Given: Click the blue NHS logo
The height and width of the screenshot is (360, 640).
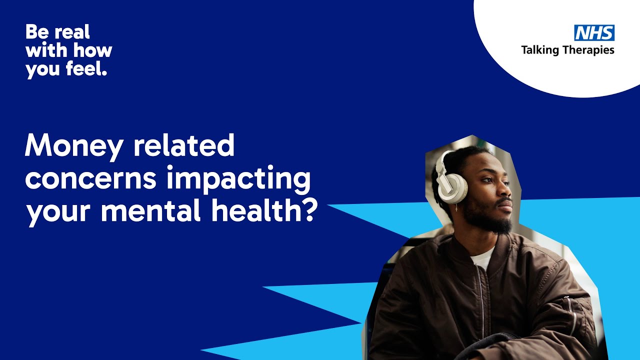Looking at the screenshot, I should point(594,33).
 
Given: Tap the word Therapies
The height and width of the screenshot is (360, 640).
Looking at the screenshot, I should point(590,50).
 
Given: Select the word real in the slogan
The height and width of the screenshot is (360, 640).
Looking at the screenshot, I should point(73,32).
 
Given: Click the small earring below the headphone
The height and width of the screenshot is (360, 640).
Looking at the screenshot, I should point(456,206).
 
